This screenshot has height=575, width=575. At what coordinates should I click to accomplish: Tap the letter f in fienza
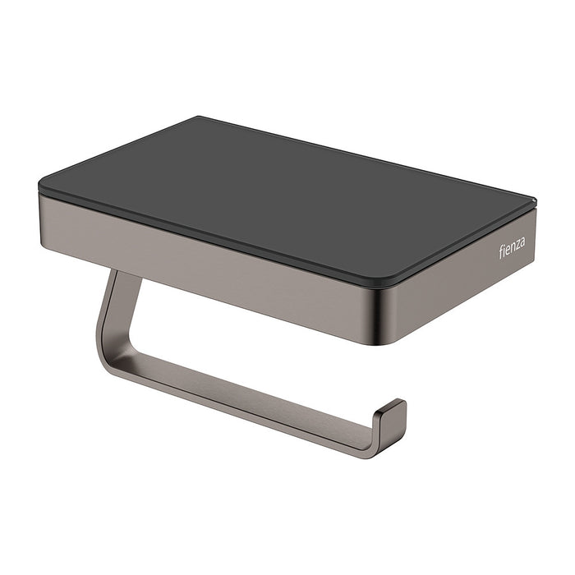point(500,251)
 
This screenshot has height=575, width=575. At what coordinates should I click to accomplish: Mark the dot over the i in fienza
point(504,246)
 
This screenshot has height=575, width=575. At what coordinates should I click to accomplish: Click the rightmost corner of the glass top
point(536,200)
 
